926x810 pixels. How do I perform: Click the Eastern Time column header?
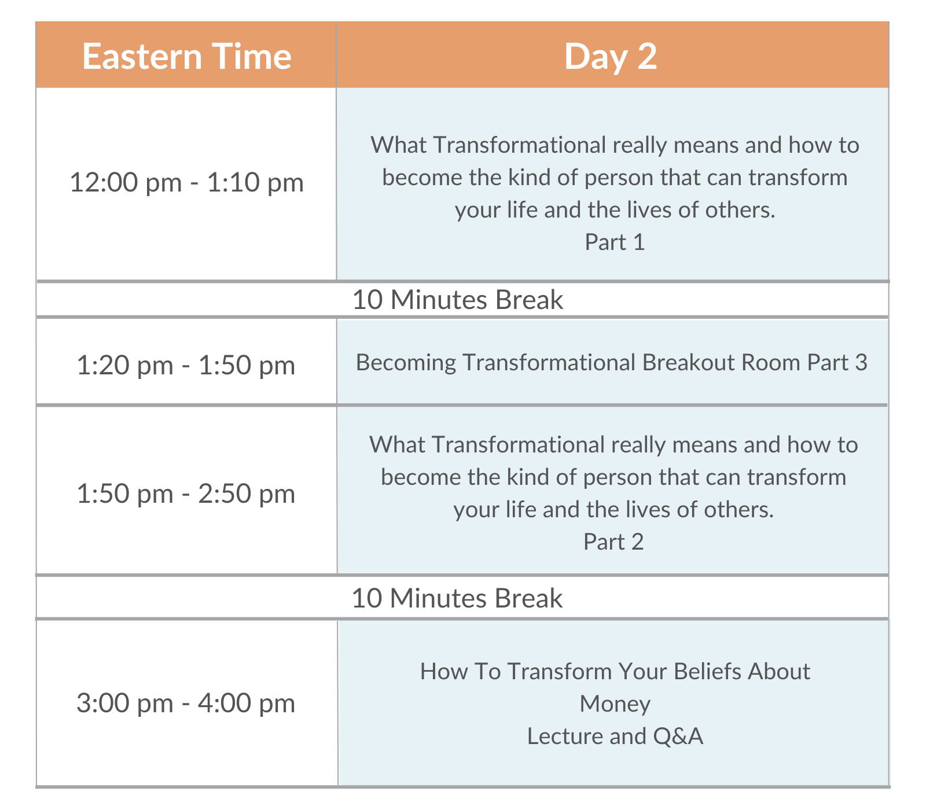pos(186,56)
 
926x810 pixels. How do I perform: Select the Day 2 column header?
pos(612,56)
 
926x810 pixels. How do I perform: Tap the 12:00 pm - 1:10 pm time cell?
pos(186,182)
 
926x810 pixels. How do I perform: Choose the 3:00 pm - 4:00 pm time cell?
pos(186,703)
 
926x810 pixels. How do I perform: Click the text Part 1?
pos(615,242)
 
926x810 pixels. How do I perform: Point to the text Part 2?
pos(613,542)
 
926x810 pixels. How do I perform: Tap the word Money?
pos(615,704)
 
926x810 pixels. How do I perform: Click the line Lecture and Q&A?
pos(615,736)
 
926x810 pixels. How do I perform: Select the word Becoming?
pos(406,363)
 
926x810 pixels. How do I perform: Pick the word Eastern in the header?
pos(142,56)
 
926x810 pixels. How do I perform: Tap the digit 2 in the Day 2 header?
pos(647,56)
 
